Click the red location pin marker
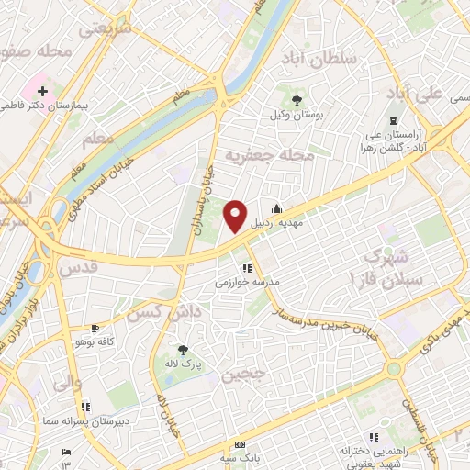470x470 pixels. click(236, 216)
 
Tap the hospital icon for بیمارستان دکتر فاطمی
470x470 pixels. click(43, 92)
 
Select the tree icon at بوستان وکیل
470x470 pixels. click(297, 100)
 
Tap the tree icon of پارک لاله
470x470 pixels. click(182, 350)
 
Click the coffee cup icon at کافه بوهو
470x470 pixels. click(95, 329)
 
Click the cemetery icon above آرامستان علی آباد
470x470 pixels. click(393, 121)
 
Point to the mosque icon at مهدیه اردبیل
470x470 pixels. click(277, 207)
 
